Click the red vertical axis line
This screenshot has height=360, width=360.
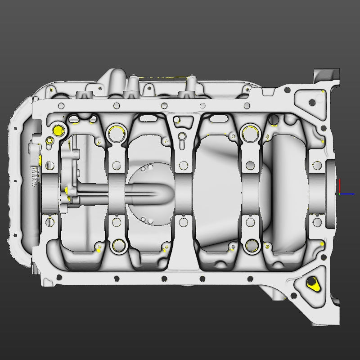340,187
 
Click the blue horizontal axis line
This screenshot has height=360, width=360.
347,194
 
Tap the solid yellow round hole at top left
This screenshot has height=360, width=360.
58,131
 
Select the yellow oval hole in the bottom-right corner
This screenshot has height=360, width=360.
311,283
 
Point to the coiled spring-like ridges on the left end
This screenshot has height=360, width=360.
35,176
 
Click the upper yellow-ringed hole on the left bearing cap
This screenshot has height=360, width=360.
117,132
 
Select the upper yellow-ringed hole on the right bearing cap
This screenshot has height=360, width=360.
249,132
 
